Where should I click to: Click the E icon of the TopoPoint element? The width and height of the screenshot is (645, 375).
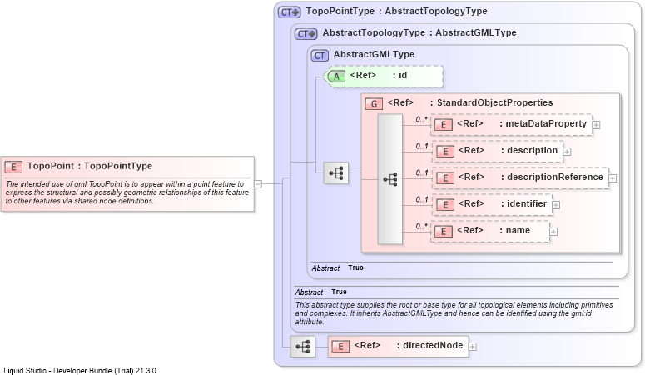[13, 167]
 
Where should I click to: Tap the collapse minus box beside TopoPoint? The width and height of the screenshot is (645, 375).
[258, 184]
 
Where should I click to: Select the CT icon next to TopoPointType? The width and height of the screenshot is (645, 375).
[289, 12]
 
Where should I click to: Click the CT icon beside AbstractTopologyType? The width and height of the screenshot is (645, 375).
[305, 34]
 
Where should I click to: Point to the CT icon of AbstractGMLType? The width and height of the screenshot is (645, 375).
[320, 55]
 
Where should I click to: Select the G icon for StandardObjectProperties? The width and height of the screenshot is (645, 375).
[374, 103]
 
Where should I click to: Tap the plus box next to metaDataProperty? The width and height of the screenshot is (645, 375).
[596, 124]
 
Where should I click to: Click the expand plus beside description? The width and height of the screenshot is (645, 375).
[567, 151]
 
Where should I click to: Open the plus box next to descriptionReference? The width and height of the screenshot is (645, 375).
[613, 178]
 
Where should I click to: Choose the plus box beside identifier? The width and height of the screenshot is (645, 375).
[556, 205]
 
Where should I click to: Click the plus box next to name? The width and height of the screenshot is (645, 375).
[553, 232]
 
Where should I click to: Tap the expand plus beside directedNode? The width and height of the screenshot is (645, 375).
[473, 347]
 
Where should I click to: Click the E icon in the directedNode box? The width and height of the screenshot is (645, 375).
[340, 347]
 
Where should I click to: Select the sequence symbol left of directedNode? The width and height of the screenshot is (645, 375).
[303, 346]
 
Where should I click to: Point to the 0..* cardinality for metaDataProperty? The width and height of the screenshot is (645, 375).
[421, 119]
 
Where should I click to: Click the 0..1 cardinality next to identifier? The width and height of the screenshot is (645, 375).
[421, 199]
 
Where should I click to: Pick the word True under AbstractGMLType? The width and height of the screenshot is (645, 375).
[355, 267]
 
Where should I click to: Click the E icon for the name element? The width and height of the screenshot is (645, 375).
[444, 231]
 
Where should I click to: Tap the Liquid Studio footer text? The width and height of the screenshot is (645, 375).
[80, 371]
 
